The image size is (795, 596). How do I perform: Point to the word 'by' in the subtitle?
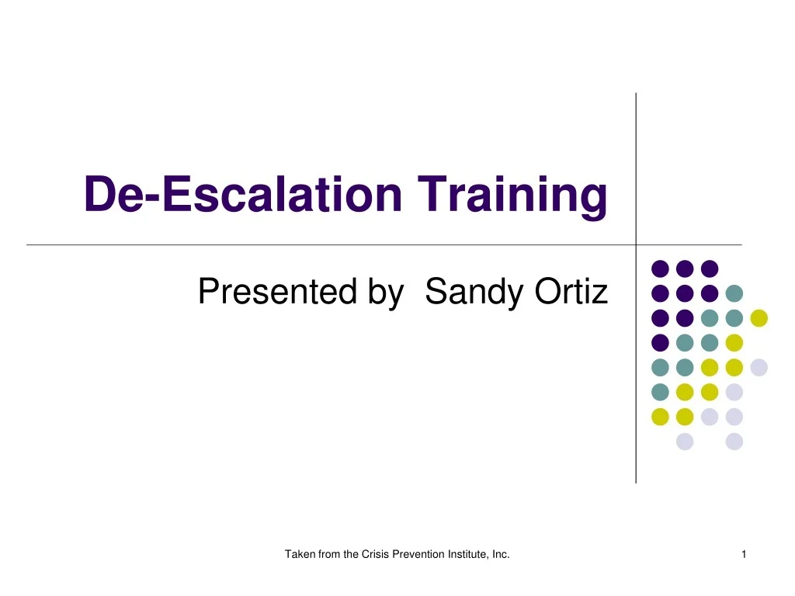386,293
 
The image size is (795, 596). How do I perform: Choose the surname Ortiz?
571,293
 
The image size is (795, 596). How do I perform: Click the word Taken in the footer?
298,554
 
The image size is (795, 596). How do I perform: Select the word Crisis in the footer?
373,554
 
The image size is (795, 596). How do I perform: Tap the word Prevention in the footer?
413,554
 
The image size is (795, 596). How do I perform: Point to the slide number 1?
744,554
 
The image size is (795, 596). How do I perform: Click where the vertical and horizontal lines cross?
636,244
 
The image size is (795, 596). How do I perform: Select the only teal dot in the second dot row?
734,293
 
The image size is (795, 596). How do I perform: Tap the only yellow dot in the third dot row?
759,318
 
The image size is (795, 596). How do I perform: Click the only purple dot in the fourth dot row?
660,342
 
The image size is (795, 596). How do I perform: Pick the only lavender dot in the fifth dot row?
759,367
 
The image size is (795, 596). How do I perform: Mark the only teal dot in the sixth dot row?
660,392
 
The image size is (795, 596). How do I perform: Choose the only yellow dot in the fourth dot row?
734,342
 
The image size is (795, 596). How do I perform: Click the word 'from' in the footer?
330,554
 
